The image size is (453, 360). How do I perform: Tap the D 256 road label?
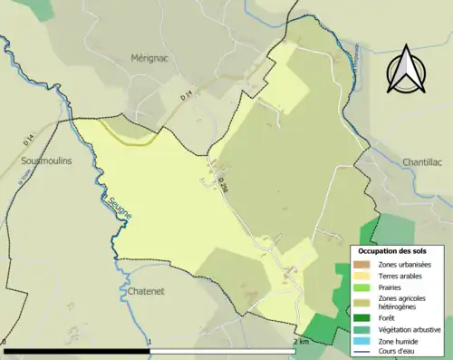point(222,180)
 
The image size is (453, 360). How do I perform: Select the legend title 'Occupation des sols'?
point(393,250)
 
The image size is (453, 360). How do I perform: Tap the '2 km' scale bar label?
point(302,342)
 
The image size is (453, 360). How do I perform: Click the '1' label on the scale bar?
point(149,342)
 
